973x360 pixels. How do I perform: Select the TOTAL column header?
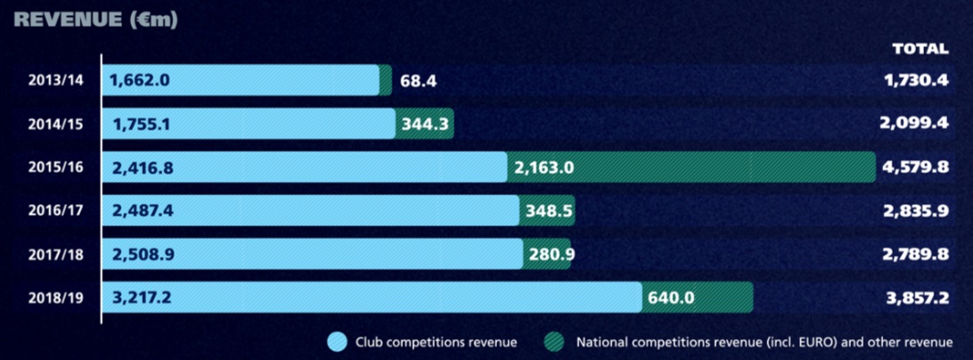click(x=920, y=49)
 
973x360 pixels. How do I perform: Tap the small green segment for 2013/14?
click(x=385, y=80)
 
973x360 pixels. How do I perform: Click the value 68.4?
click(x=418, y=80)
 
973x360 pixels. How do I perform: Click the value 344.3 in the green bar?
click(x=424, y=124)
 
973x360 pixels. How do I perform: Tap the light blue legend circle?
click(x=337, y=341)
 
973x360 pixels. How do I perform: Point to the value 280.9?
click(x=547, y=254)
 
